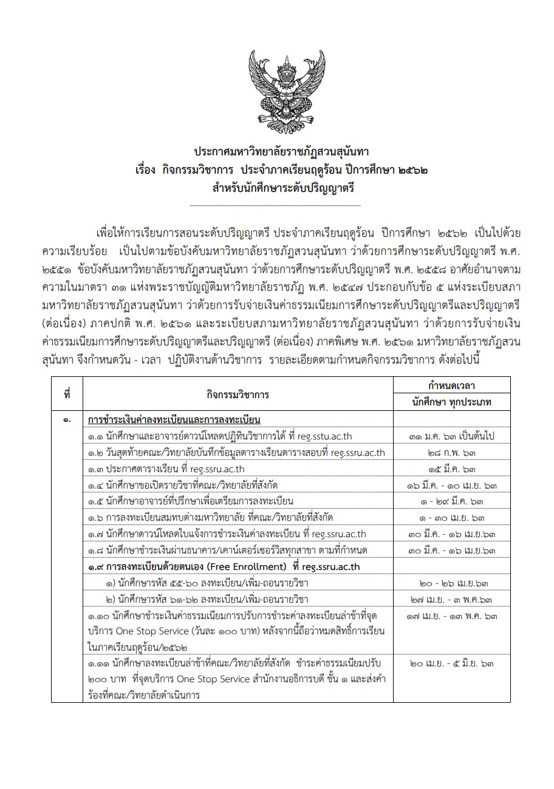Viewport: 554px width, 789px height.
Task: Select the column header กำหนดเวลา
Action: click(x=451, y=386)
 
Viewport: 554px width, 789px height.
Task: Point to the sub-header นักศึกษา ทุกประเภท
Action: click(x=451, y=402)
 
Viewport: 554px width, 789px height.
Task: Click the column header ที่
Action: click(x=67, y=394)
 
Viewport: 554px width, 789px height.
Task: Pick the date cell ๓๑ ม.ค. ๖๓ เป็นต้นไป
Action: click(x=451, y=436)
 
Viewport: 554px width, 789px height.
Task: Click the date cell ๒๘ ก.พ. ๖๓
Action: click(x=451, y=453)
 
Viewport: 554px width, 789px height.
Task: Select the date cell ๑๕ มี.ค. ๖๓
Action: click(x=451, y=469)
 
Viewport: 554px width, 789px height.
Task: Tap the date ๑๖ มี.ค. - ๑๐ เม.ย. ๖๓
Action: click(x=451, y=486)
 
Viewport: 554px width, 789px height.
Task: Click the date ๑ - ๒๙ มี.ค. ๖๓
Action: click(x=451, y=501)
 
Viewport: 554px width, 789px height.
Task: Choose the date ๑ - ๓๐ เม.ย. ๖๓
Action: click(x=451, y=518)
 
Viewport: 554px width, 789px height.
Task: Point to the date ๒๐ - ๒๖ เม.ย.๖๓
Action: click(x=451, y=583)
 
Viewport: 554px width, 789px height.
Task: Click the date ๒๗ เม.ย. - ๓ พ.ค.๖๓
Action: click(x=451, y=600)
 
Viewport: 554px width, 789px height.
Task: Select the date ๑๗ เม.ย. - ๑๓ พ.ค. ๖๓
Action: click(x=451, y=617)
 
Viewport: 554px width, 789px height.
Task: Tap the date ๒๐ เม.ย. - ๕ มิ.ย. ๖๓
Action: click(x=451, y=663)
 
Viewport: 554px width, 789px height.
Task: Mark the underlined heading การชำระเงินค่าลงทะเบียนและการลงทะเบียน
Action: click(x=174, y=420)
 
